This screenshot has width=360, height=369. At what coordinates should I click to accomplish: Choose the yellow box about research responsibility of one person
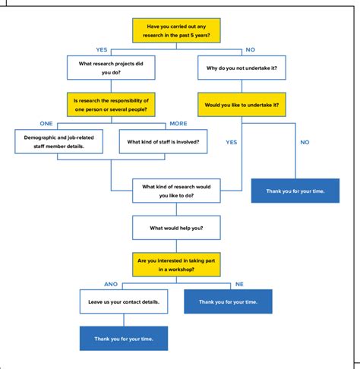(111, 105)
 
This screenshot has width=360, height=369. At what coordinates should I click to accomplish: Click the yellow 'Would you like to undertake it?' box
(242, 105)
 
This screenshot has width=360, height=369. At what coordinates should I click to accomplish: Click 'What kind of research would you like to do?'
(176, 191)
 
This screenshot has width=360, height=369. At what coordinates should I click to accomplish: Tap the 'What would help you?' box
(176, 227)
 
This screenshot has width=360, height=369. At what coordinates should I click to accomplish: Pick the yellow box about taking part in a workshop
(176, 264)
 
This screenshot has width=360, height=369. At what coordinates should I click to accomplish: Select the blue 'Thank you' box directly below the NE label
(228, 301)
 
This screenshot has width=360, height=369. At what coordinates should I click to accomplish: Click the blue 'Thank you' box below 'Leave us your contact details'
(123, 338)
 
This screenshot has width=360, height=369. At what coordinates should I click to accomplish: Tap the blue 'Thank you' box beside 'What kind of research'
(295, 191)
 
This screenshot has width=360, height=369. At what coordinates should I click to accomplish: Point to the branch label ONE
(46, 123)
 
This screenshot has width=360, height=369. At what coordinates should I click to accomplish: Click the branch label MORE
(178, 123)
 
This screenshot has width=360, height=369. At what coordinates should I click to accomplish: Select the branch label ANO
(111, 283)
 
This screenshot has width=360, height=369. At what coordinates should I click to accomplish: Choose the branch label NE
(239, 283)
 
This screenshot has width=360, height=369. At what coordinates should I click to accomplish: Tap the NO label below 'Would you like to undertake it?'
(305, 142)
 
